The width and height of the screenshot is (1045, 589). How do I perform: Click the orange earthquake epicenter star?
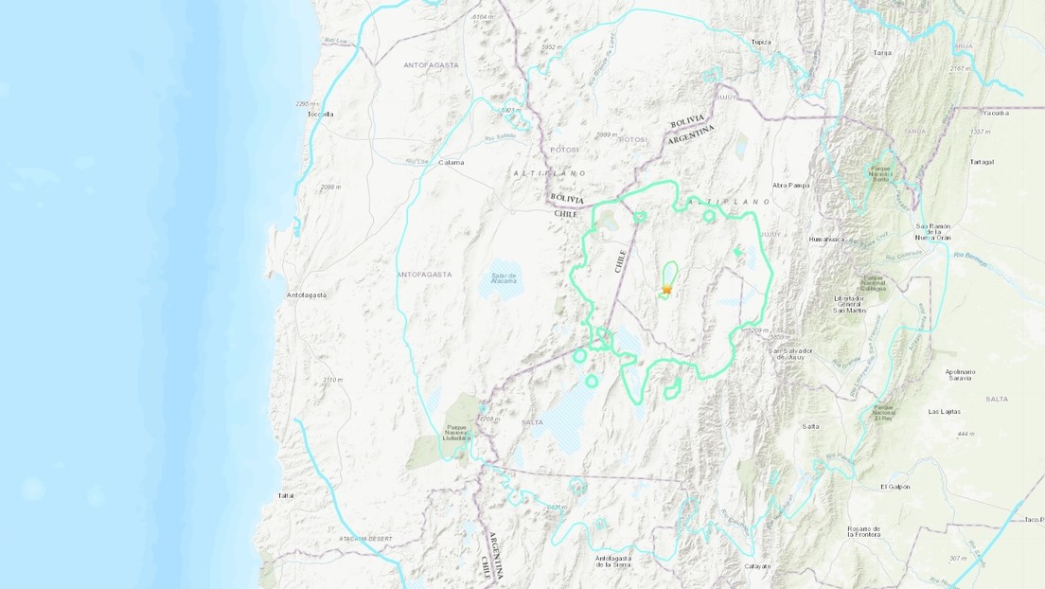click(667, 289)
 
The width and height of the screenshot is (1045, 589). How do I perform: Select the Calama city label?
click(452, 162)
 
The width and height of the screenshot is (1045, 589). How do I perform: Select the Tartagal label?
click(981, 162)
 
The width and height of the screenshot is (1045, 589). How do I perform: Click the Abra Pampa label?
click(792, 186)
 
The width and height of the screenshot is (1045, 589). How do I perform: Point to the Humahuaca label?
click(826, 240)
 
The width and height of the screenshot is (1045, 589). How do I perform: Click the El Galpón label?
click(894, 487)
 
